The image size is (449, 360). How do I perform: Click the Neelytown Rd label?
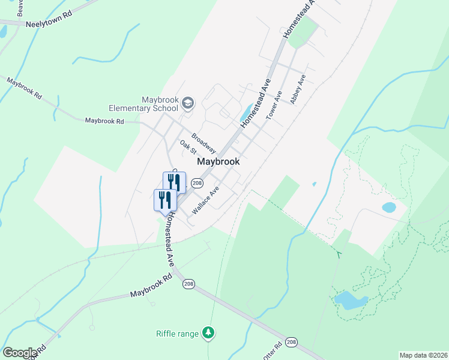click(49, 25)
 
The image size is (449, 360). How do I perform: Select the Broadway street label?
click(203, 143)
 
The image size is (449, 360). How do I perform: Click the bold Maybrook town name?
click(218, 161)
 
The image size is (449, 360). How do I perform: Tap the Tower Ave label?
click(274, 106)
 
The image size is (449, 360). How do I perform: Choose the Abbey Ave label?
click(298, 89)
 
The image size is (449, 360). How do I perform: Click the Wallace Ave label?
click(205, 200)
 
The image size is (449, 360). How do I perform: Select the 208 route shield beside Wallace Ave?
click(196, 182)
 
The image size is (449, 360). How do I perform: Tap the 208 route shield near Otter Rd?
click(292, 342)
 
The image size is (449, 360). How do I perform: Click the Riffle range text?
click(177, 334)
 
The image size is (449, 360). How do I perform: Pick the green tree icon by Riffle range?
click(208, 332)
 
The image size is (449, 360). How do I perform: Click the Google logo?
click(20, 352)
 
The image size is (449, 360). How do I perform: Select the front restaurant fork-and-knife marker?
click(164, 200)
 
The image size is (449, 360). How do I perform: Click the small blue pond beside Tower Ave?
click(246, 112)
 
